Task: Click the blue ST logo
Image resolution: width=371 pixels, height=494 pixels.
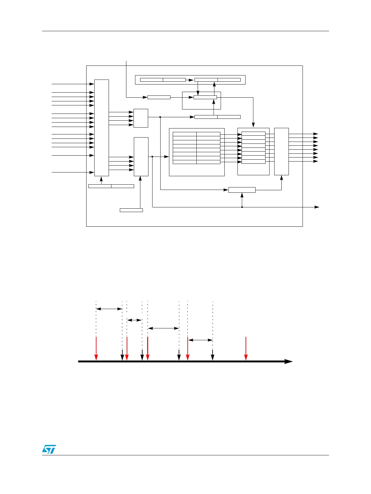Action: click(49, 449)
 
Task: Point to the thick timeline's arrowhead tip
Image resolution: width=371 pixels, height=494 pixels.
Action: click(292, 361)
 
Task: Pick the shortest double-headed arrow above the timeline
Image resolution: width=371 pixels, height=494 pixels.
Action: click(134, 320)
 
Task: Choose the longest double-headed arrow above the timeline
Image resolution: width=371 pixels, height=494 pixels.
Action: click(163, 328)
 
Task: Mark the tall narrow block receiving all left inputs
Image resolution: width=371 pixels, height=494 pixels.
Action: click(101, 128)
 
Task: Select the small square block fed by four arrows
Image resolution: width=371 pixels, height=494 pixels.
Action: click(141, 118)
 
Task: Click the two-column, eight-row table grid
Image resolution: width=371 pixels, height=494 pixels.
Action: click(196, 148)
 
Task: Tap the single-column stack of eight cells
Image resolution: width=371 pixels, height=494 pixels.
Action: click(253, 148)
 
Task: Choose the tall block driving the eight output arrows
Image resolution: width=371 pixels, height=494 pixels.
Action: click(281, 151)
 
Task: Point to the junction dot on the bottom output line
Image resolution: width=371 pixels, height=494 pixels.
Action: click(242, 207)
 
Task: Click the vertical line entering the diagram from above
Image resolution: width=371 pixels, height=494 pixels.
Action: click(126, 78)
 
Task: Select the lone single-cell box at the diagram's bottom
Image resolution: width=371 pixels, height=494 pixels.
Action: click(131, 210)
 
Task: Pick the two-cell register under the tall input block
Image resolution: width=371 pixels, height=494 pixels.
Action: click(111, 186)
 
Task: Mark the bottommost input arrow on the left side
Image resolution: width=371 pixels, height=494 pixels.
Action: click(73, 172)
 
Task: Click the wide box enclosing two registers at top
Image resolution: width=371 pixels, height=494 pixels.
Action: click(190, 80)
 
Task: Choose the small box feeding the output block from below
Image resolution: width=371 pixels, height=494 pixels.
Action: click(242, 190)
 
